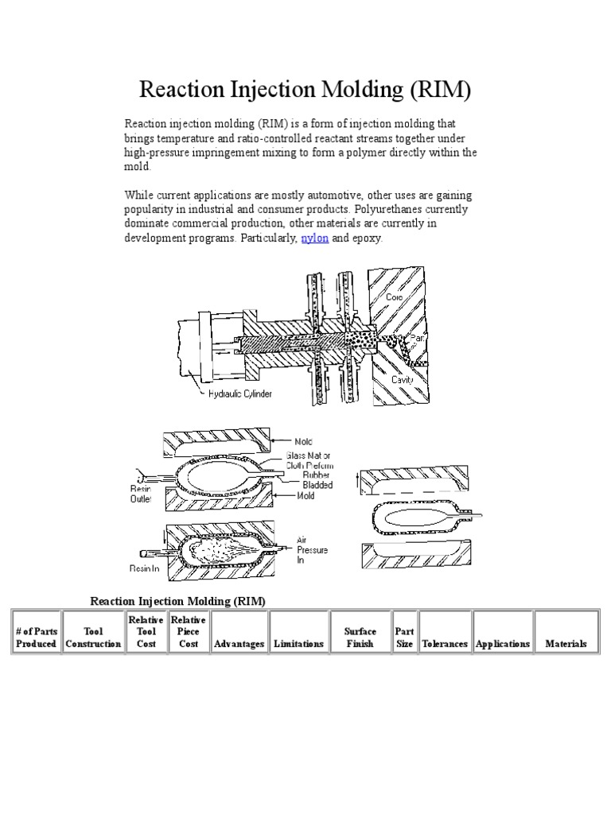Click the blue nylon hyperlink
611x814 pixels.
314,238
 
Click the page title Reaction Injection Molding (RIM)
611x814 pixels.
305,90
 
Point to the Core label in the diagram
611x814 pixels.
395,297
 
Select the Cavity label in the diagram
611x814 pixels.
402,380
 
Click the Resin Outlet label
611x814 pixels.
140,494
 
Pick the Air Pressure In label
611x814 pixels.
311,548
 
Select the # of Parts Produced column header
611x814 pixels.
36,638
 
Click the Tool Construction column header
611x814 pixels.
93,638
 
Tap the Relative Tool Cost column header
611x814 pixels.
146,632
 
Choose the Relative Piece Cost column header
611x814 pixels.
189,632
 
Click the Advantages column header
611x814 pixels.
239,644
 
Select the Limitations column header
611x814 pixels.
298,644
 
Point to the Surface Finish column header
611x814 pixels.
360,638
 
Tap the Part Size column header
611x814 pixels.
404,638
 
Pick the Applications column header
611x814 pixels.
502,644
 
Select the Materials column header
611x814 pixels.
566,644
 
